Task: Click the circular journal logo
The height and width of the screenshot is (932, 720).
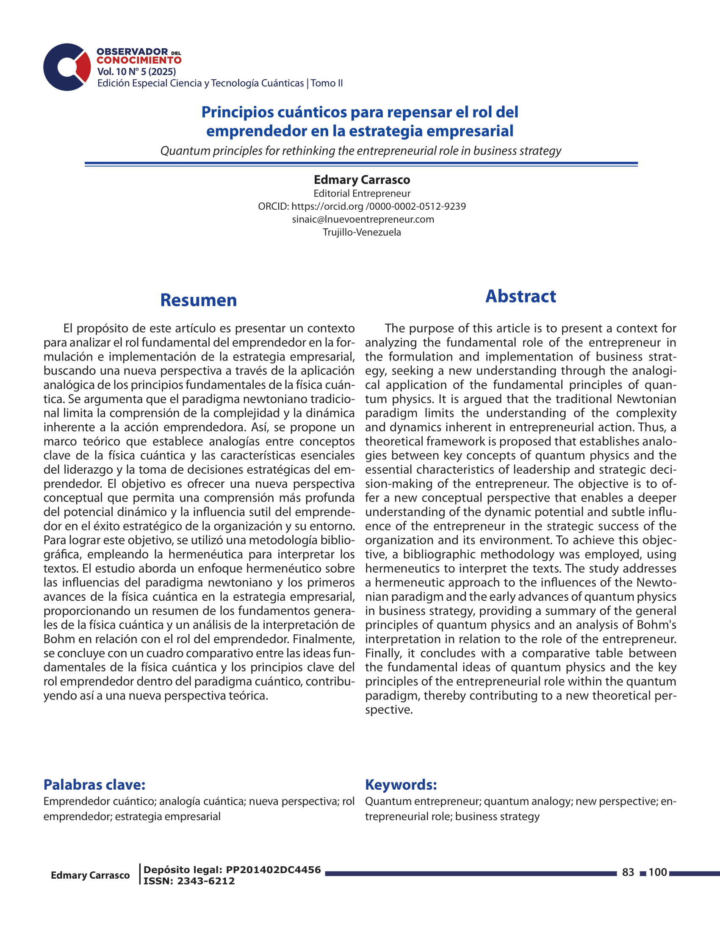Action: point(66,67)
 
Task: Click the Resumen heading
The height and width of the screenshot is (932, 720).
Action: point(198,300)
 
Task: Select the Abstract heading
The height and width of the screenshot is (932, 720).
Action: point(521,296)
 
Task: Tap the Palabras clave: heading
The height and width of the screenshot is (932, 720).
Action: point(94,784)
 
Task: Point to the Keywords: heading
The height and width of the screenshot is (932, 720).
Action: point(401,784)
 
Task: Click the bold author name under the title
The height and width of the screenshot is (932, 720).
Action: point(362,180)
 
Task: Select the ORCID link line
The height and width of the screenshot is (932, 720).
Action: point(362,207)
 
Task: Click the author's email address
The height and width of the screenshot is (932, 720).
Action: point(363,219)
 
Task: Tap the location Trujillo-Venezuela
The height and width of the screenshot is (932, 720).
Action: point(362,232)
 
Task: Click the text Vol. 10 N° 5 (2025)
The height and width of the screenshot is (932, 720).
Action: point(136,72)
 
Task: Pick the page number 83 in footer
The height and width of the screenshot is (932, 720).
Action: point(628,872)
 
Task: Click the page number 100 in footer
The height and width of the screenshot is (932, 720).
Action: point(657,872)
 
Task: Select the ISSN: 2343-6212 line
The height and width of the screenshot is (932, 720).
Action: point(189,881)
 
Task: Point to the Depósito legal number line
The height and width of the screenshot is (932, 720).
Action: point(232,870)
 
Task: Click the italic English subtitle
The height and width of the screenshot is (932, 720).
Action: point(360,151)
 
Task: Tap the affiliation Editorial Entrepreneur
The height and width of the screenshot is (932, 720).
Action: point(362,193)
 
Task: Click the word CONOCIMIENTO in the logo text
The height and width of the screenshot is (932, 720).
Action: point(139,61)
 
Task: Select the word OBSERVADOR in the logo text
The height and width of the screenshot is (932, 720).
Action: point(132,52)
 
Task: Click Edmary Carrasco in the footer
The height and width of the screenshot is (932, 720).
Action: point(90,875)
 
